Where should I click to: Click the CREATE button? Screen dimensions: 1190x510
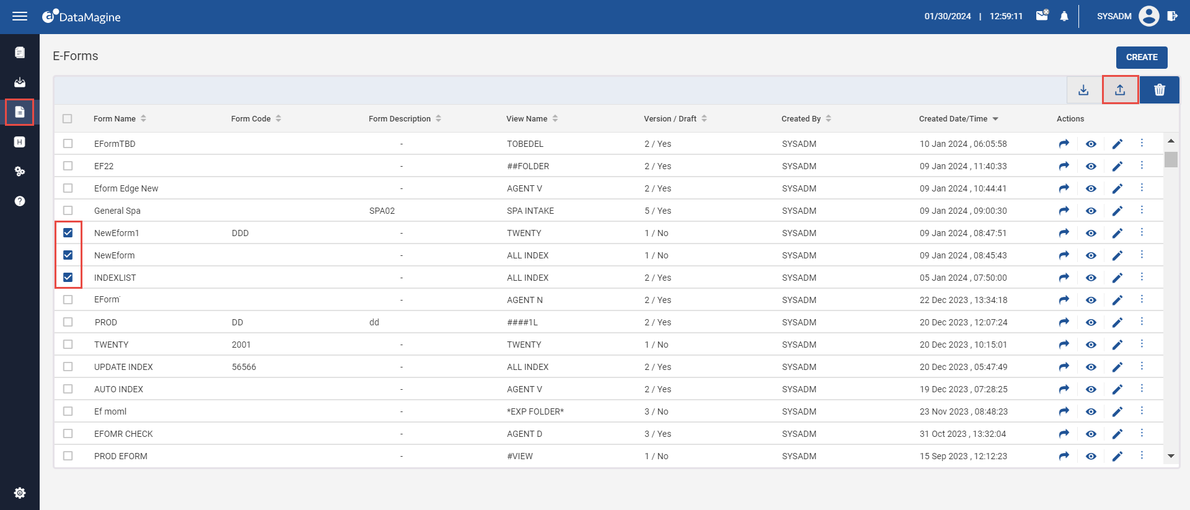pyautogui.click(x=1142, y=57)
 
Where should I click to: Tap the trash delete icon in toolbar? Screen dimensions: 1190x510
pyautogui.click(x=1159, y=90)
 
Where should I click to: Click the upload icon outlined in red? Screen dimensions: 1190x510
pyautogui.click(x=1120, y=90)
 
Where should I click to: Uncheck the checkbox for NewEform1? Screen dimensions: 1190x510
pyautogui.click(x=68, y=233)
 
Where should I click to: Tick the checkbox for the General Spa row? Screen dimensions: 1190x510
pyautogui.click(x=68, y=211)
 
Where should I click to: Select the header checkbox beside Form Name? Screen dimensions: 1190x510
pyautogui.click(x=68, y=118)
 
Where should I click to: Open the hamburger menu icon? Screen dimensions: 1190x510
pyautogui.click(x=20, y=16)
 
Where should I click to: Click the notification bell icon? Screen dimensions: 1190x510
pyautogui.click(x=1064, y=16)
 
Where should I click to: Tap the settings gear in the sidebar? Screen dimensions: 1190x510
pyautogui.click(x=20, y=493)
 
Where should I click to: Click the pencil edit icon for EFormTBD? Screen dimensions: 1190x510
pyautogui.click(x=1117, y=144)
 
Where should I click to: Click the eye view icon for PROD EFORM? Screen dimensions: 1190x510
pyautogui.click(x=1091, y=456)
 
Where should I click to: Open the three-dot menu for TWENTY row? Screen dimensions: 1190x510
pyautogui.click(x=1142, y=344)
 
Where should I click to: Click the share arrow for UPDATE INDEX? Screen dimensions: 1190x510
pyautogui.click(x=1064, y=366)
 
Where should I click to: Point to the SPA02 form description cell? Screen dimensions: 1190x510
pyautogui.click(x=382, y=211)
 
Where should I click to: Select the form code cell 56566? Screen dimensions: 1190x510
pyautogui.click(x=244, y=367)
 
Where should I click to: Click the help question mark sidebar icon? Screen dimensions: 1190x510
pyautogui.click(x=20, y=201)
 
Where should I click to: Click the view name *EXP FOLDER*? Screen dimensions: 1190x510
pyautogui.click(x=535, y=411)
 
